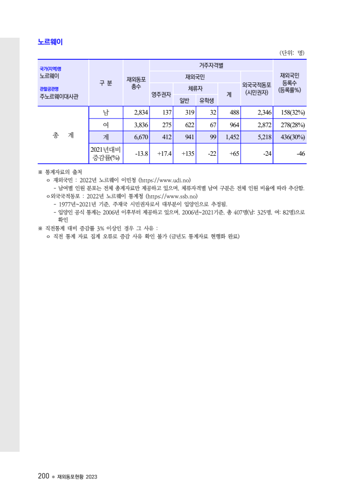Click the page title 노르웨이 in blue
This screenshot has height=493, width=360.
pyautogui.click(x=50, y=42)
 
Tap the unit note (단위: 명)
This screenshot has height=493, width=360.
pyautogui.click(x=292, y=53)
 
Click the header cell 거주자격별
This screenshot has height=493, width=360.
pyautogui.click(x=211, y=65)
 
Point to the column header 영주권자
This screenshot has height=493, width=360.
pyautogui.click(x=161, y=94)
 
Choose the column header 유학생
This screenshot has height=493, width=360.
pyautogui.click(x=207, y=100)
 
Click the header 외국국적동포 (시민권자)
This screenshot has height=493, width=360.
pyautogui.click(x=257, y=88)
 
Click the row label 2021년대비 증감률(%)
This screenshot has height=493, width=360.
pyautogui.click(x=105, y=154)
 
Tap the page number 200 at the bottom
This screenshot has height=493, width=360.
pyautogui.click(x=43, y=476)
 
